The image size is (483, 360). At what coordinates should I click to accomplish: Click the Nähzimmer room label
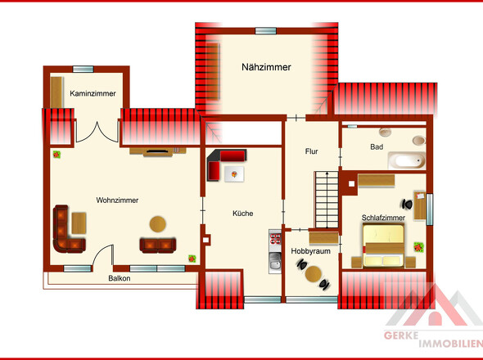click(266, 67)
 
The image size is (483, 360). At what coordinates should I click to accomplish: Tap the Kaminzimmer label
click(93, 93)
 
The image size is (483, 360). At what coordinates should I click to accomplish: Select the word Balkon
click(120, 278)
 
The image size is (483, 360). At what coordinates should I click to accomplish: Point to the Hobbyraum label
click(310, 251)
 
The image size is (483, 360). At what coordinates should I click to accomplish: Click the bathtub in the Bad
click(407, 160)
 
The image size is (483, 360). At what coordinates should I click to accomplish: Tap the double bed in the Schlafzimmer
click(383, 245)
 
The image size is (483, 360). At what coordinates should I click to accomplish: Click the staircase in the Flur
click(327, 200)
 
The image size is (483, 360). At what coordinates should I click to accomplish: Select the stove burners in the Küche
click(275, 239)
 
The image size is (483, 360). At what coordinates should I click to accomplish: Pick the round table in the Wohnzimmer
click(158, 224)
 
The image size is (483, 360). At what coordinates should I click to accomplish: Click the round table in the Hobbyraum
click(314, 274)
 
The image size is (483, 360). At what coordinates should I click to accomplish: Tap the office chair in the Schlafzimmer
click(407, 204)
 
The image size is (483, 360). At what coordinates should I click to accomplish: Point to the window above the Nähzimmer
click(266, 31)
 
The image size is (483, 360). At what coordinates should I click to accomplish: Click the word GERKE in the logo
click(401, 335)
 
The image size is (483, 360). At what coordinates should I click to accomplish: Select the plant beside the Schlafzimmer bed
click(418, 247)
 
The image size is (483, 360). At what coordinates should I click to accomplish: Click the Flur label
click(311, 151)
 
